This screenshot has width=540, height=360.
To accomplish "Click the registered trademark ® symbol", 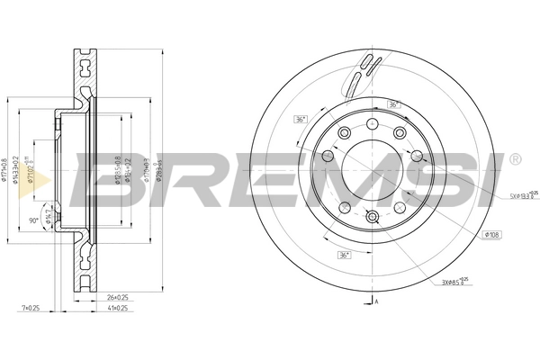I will coord(514,159).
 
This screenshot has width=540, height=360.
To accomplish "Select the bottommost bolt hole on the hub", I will coord(373,216).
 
